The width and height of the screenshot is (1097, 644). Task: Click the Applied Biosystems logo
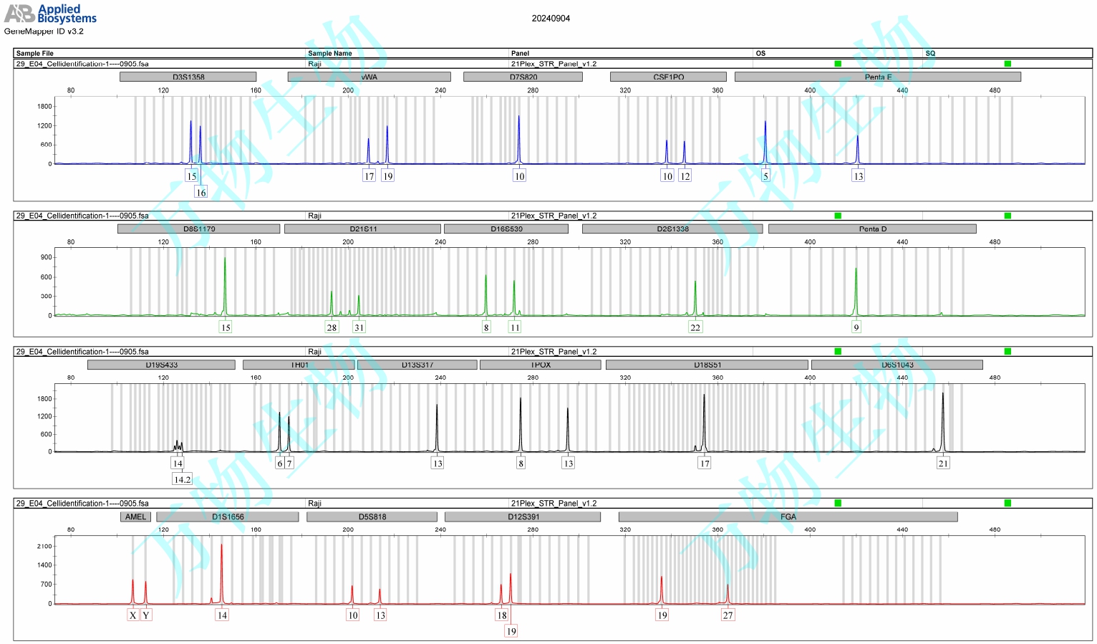pyautogui.click(x=50, y=14)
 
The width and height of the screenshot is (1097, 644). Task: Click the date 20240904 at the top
pyautogui.click(x=551, y=19)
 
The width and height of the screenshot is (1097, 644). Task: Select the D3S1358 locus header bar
pyautogui.click(x=188, y=77)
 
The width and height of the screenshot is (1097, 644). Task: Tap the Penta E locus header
pyautogui.click(x=877, y=77)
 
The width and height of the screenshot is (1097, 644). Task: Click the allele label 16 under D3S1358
pyautogui.click(x=200, y=193)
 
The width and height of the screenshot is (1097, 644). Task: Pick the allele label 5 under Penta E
pyautogui.click(x=765, y=176)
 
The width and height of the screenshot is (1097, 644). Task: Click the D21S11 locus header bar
pyautogui.click(x=362, y=229)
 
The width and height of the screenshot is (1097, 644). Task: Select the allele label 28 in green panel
pyautogui.click(x=332, y=327)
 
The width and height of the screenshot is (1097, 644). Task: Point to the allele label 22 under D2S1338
pyautogui.click(x=695, y=327)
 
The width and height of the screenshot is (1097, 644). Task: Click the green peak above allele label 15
pyautogui.click(x=225, y=287)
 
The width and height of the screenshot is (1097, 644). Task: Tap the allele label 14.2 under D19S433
pyautogui.click(x=182, y=479)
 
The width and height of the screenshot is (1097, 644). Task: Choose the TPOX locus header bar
pyautogui.click(x=540, y=365)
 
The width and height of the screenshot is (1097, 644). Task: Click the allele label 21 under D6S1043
pyautogui.click(x=943, y=463)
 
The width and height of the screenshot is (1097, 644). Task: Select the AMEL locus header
pyautogui.click(x=135, y=516)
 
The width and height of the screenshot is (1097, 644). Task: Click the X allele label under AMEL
pyautogui.click(x=132, y=615)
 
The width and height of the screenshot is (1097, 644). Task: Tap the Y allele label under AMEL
pyautogui.click(x=146, y=615)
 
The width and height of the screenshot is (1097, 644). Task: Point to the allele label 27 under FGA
pyautogui.click(x=728, y=615)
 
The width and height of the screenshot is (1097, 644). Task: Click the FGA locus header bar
pyautogui.click(x=788, y=516)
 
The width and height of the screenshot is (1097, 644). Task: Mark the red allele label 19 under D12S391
pyautogui.click(x=511, y=631)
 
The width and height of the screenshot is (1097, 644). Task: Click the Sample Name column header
pyautogui.click(x=330, y=53)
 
